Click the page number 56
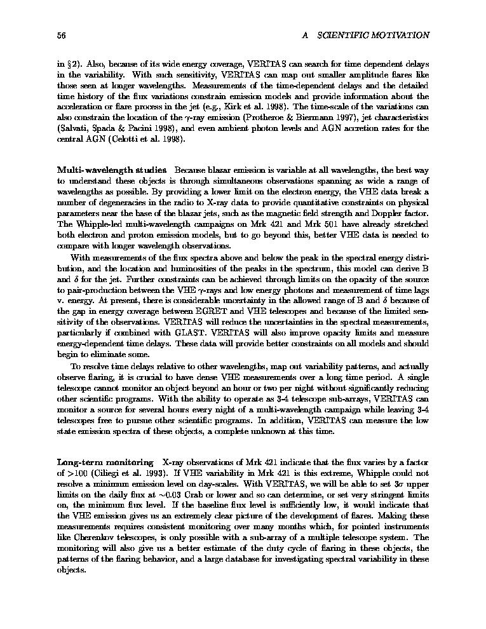coord(62,36)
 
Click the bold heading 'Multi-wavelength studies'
coord(112,170)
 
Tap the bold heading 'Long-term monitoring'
coord(105,463)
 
